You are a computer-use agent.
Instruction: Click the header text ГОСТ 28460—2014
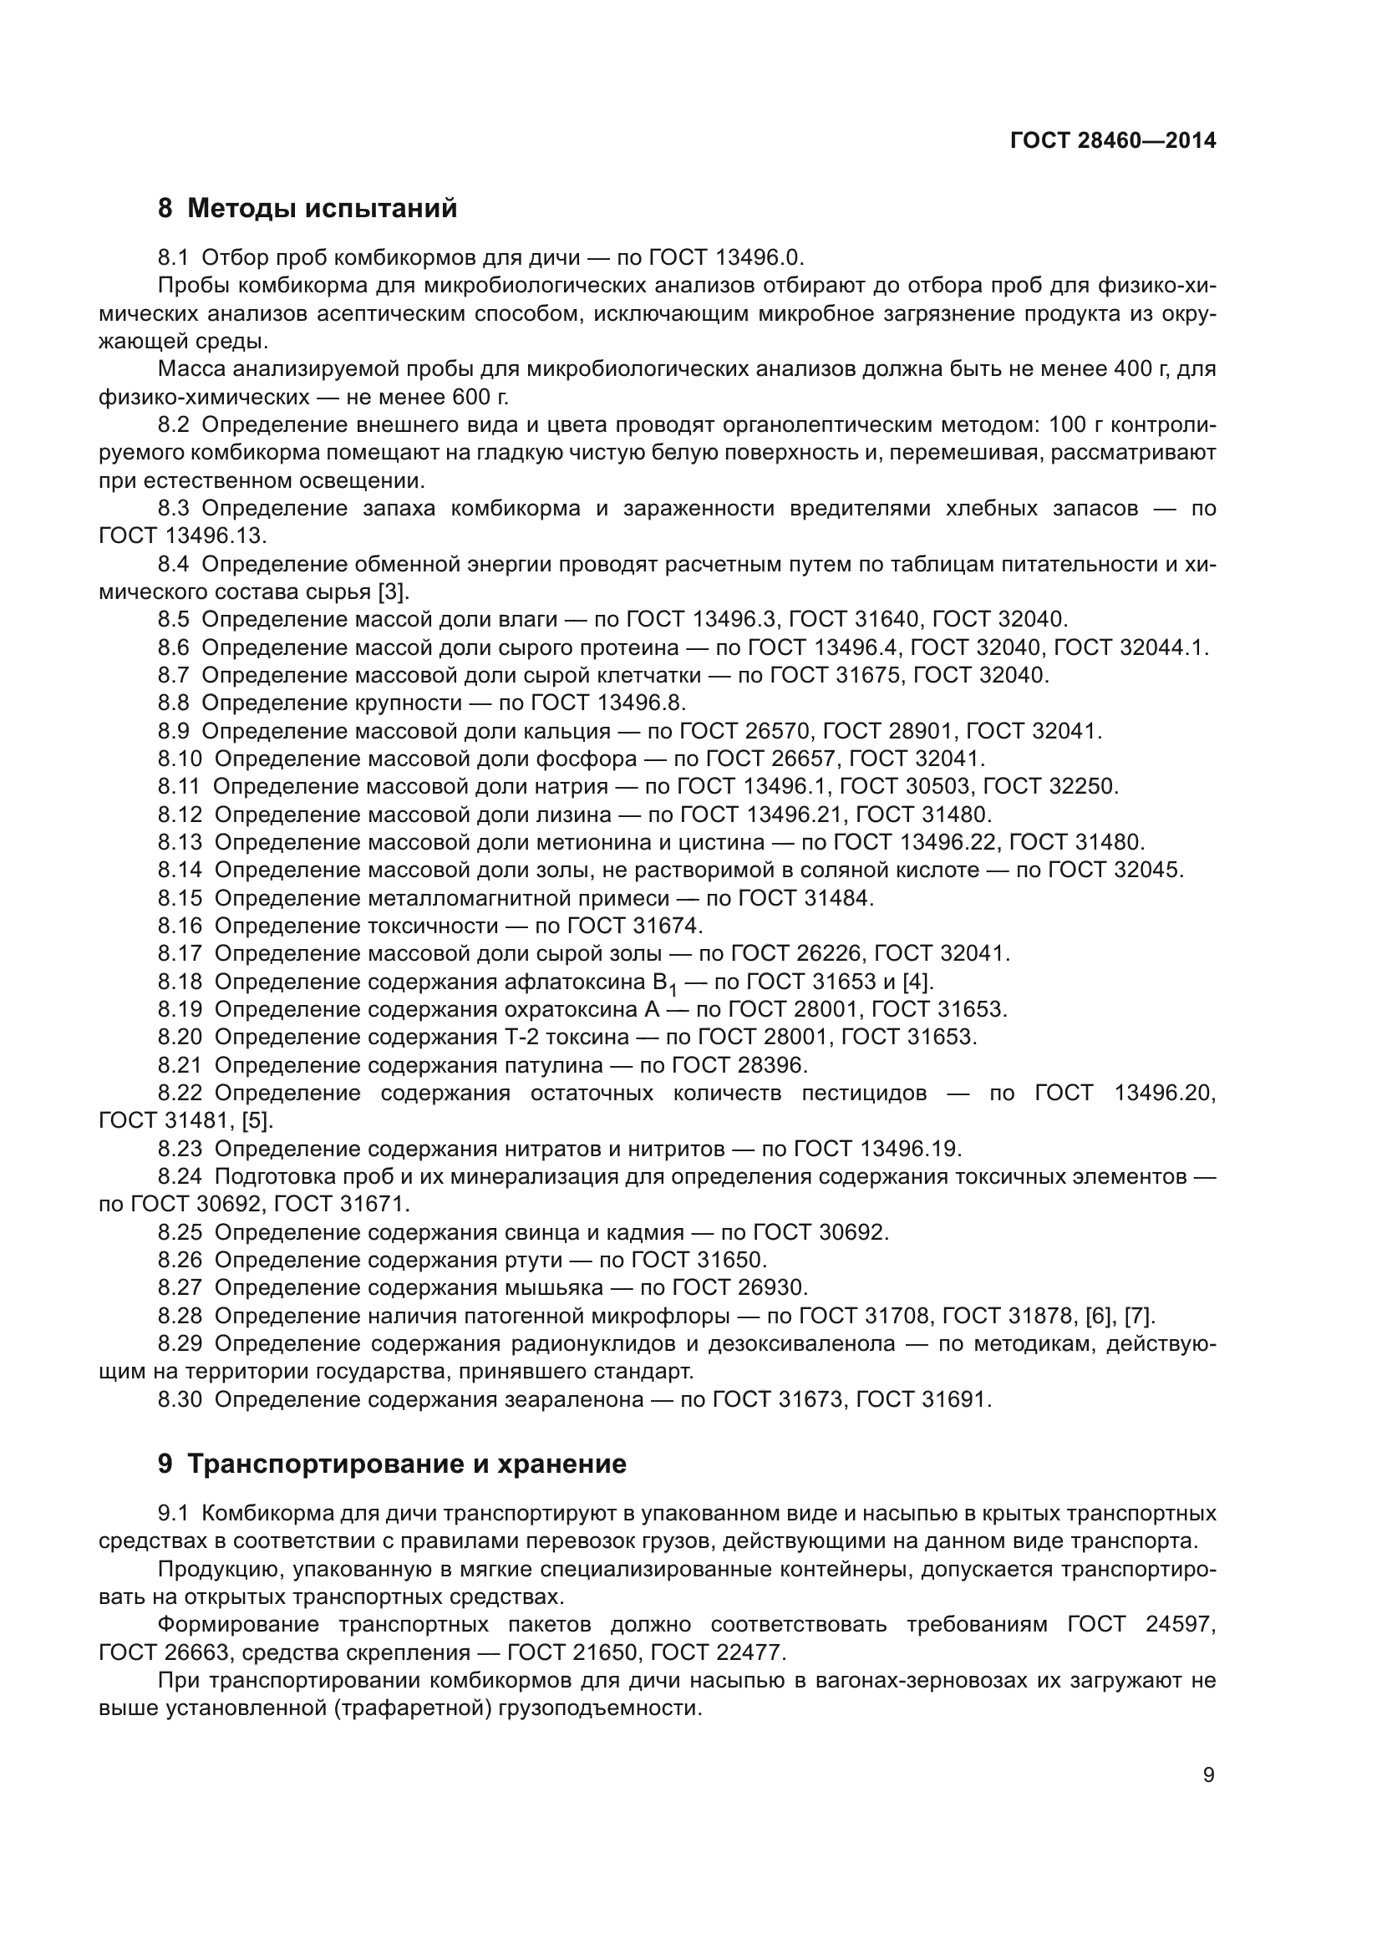[x=1112, y=141]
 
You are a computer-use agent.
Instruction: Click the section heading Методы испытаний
[x=322, y=209]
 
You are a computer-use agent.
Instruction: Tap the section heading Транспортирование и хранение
[x=406, y=1464]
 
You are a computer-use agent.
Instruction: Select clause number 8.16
[x=180, y=926]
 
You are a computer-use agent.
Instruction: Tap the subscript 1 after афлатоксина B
[x=673, y=990]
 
